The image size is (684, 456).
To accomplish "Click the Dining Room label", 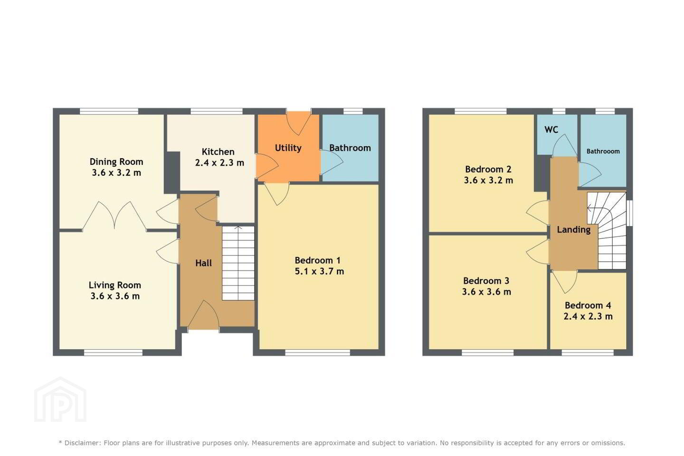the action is [116, 161].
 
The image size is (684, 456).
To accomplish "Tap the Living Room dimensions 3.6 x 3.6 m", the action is [115, 296].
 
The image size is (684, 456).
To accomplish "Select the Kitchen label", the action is [218, 152].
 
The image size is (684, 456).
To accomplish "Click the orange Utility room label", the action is [288, 148].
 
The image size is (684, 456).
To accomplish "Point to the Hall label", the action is [203, 263].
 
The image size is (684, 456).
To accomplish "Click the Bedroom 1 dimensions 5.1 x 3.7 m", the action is [319, 271].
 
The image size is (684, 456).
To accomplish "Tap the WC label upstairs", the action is [551, 130].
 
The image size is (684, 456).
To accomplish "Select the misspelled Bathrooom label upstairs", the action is [603, 151].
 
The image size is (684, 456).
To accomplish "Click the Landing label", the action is [573, 230].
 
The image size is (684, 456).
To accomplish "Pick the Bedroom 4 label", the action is [588, 305].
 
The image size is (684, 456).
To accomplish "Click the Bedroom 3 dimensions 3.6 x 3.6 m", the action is [486, 292].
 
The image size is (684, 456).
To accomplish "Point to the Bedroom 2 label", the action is [488, 169].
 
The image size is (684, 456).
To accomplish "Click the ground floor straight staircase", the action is [238, 263].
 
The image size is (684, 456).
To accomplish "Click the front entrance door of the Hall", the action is [203, 314].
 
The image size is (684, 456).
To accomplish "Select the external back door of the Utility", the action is [299, 123].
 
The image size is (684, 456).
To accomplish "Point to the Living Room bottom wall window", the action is [113, 353].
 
